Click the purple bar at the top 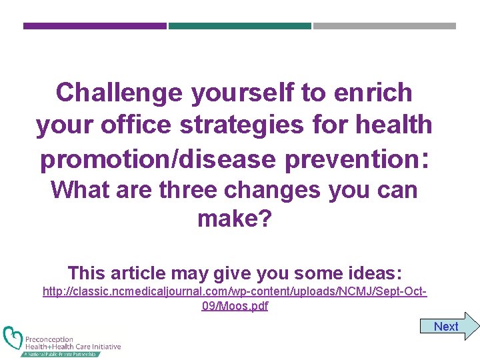coord(95,26)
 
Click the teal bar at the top coord(239,26)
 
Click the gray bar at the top coord(385,26)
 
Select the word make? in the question coord(235,219)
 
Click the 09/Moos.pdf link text coord(235,306)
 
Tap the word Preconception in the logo coord(49,339)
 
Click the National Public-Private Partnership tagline coord(60,354)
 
